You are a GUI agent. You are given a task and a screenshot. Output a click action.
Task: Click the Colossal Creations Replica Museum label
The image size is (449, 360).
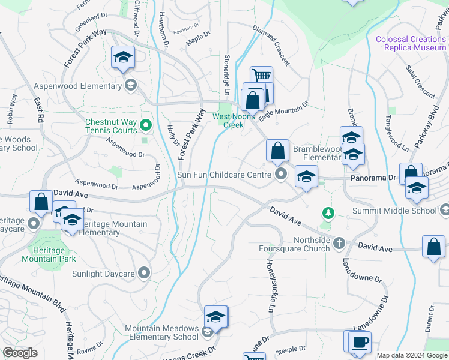pos(411,43)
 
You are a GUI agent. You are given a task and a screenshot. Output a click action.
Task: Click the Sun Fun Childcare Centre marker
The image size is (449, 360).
pos(281,175)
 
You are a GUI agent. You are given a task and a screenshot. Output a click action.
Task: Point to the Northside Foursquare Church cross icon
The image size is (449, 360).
pos(339,243)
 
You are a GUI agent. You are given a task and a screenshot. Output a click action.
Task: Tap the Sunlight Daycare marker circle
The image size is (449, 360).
pos(143,274)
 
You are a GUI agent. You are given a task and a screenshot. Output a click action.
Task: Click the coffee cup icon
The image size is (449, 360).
pos(360,342)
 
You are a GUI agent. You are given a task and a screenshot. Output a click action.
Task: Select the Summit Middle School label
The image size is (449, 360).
pos(402,211)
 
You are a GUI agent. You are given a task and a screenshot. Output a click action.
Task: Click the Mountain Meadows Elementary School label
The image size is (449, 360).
pos(161,332)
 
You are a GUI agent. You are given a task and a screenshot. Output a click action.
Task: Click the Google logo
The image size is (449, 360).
pos(20,353)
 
